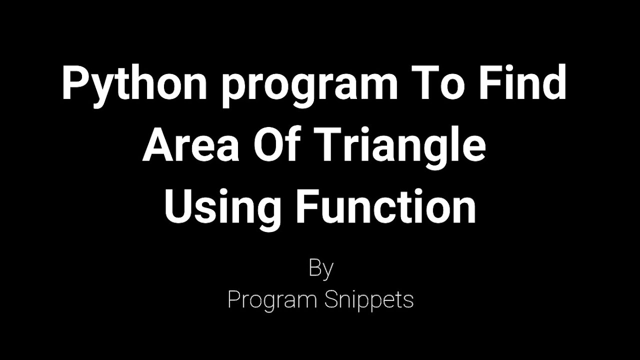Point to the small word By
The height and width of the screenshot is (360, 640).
(320, 269)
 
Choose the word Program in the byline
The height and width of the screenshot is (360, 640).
(272, 300)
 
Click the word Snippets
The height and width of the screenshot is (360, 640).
(369, 300)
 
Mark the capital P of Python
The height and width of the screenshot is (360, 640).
(72, 84)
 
